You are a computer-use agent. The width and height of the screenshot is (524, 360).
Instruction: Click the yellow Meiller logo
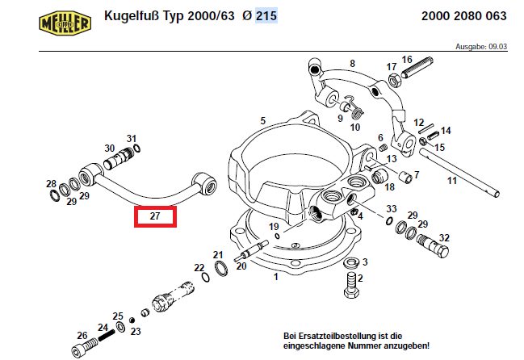click(x=65, y=23)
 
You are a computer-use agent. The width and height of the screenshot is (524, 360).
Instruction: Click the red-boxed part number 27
click(x=155, y=216)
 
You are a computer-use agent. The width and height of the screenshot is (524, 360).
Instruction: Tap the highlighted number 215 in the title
click(x=266, y=15)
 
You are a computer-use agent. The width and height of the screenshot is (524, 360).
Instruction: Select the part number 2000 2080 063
click(x=463, y=16)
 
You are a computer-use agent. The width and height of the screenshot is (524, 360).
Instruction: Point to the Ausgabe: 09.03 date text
click(x=481, y=47)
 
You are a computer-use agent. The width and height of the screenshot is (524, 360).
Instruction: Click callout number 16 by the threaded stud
click(x=407, y=60)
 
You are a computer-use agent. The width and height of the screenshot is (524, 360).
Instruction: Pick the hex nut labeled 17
click(x=394, y=80)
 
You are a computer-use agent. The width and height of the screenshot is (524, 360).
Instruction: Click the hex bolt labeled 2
click(x=352, y=285)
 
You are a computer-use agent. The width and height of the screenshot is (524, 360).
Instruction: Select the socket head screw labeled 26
click(x=84, y=346)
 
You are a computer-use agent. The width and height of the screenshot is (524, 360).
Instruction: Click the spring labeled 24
click(x=107, y=335)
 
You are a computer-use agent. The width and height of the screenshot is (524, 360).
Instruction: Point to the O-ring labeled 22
click(x=206, y=277)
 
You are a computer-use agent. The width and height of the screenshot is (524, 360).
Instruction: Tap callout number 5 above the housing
click(x=263, y=120)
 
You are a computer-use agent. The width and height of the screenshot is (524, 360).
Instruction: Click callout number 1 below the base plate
click(x=275, y=277)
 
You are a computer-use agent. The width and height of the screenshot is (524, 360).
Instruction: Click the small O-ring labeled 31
click(x=136, y=149)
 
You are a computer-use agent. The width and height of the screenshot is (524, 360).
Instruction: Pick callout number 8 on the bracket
click(x=352, y=64)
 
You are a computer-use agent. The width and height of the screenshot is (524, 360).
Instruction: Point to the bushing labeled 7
click(x=405, y=177)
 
